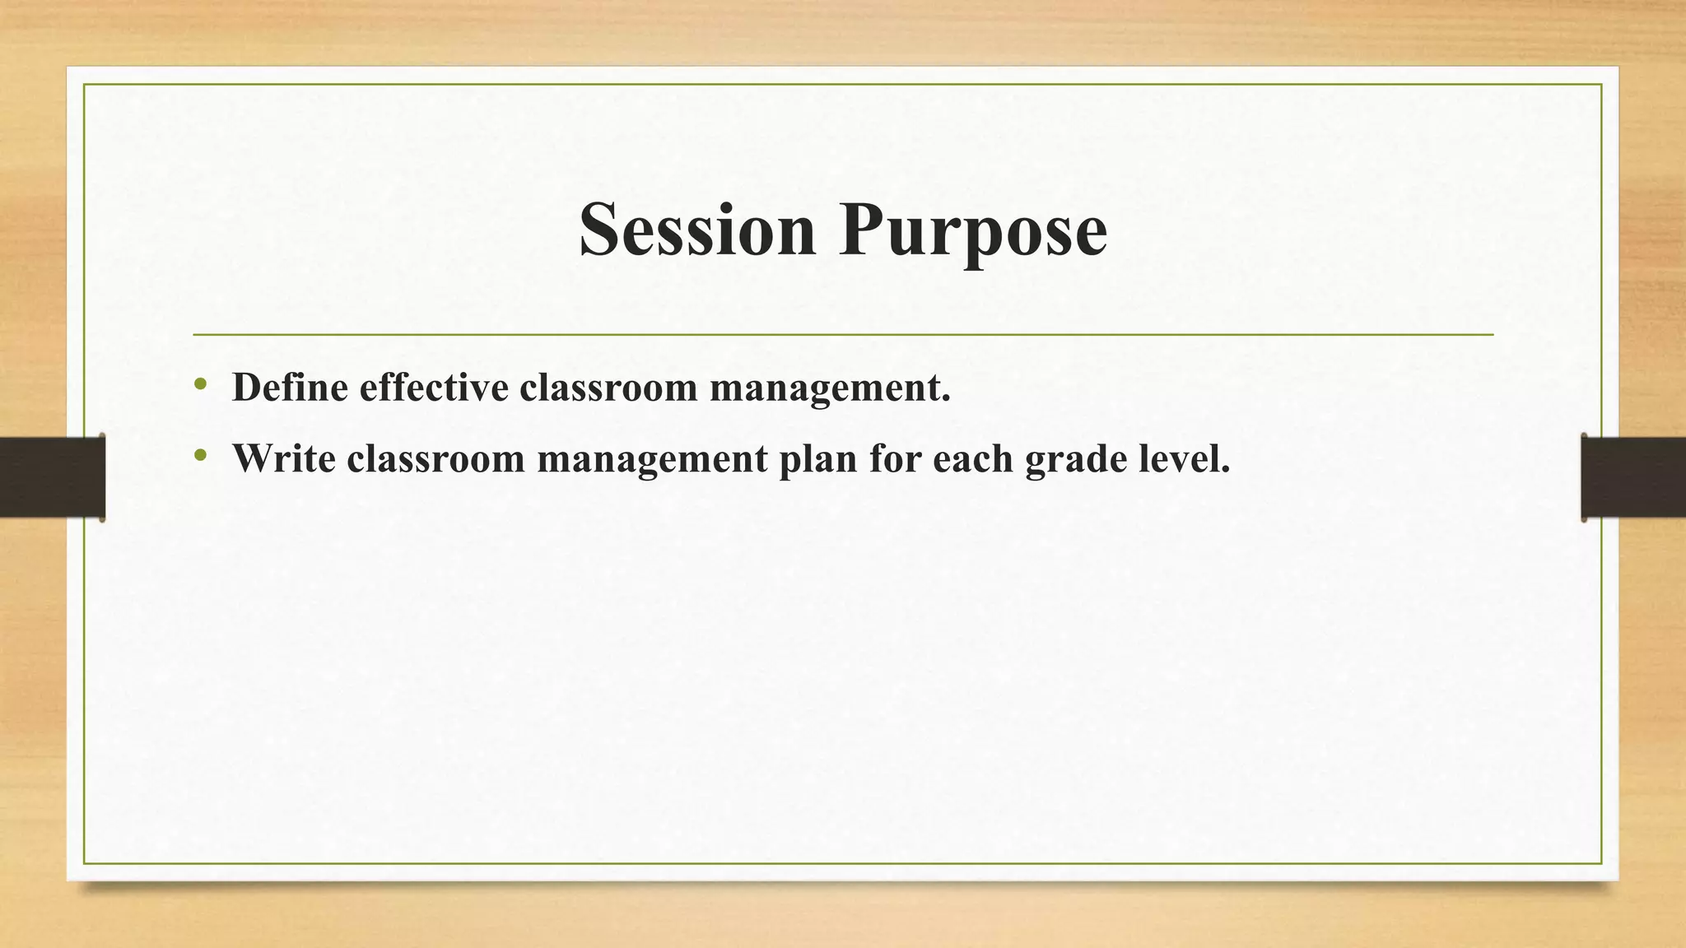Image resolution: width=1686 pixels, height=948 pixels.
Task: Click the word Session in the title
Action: [697, 230]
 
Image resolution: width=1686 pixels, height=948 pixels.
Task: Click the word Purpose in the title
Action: [973, 231]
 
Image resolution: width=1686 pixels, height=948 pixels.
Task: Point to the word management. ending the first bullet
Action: [830, 388]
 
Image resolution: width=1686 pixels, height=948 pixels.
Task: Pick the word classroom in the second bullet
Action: [435, 458]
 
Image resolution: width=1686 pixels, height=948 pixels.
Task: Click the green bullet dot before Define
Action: [200, 383]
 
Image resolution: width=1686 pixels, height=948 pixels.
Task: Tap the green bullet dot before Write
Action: [200, 455]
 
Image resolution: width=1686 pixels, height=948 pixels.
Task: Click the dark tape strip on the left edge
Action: [52, 477]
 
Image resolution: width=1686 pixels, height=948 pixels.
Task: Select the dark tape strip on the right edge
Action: [1633, 477]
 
